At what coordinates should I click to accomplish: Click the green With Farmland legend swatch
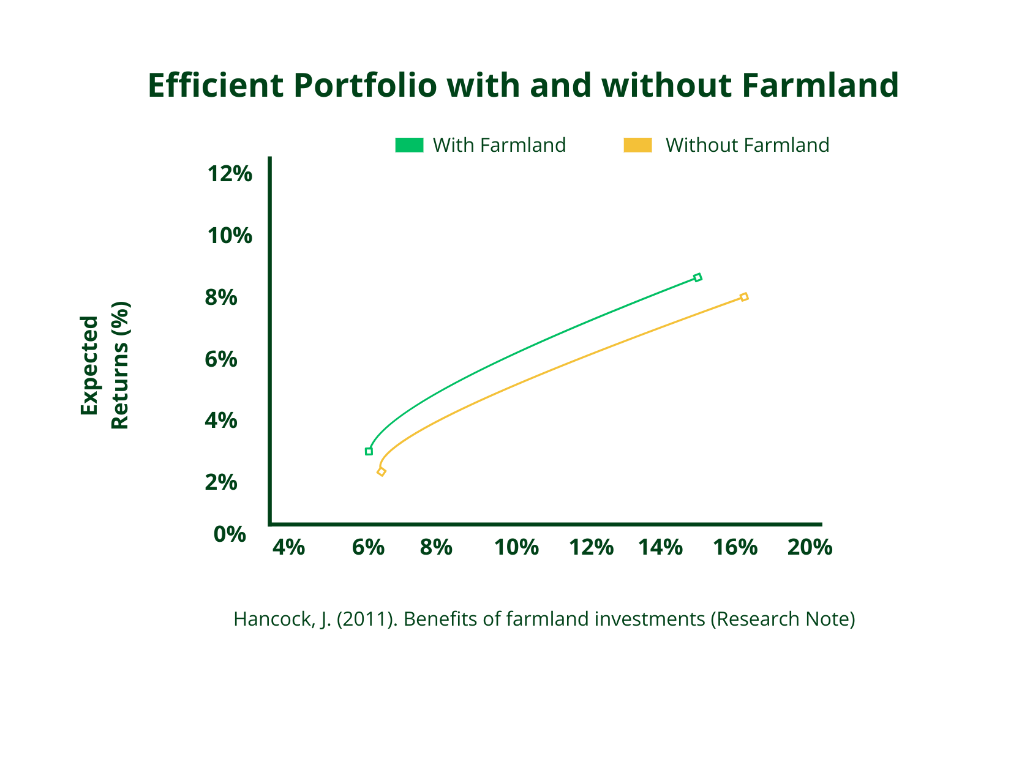pyautogui.click(x=409, y=145)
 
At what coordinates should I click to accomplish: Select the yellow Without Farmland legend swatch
pyautogui.click(x=637, y=145)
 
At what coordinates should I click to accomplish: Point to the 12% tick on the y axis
pyautogui.click(x=230, y=174)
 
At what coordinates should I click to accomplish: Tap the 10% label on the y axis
pyautogui.click(x=230, y=236)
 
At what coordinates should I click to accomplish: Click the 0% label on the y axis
pyautogui.click(x=230, y=534)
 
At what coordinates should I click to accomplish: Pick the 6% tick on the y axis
pyautogui.click(x=221, y=359)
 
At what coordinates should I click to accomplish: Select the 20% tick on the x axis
pyautogui.click(x=810, y=547)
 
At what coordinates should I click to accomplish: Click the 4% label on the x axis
pyautogui.click(x=288, y=547)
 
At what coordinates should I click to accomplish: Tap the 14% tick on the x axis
pyautogui.click(x=660, y=547)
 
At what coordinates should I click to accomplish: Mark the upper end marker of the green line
pyautogui.click(x=698, y=277)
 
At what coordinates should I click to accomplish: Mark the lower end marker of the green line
pyautogui.click(x=369, y=451)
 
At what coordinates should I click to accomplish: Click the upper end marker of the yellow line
pyautogui.click(x=744, y=297)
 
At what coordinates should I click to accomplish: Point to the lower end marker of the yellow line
pyautogui.click(x=382, y=471)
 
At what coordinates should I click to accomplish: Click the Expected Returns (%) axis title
pyautogui.click(x=104, y=365)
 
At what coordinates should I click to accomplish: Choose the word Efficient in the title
pyautogui.click(x=214, y=85)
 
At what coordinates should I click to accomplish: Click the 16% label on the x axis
pyautogui.click(x=735, y=547)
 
